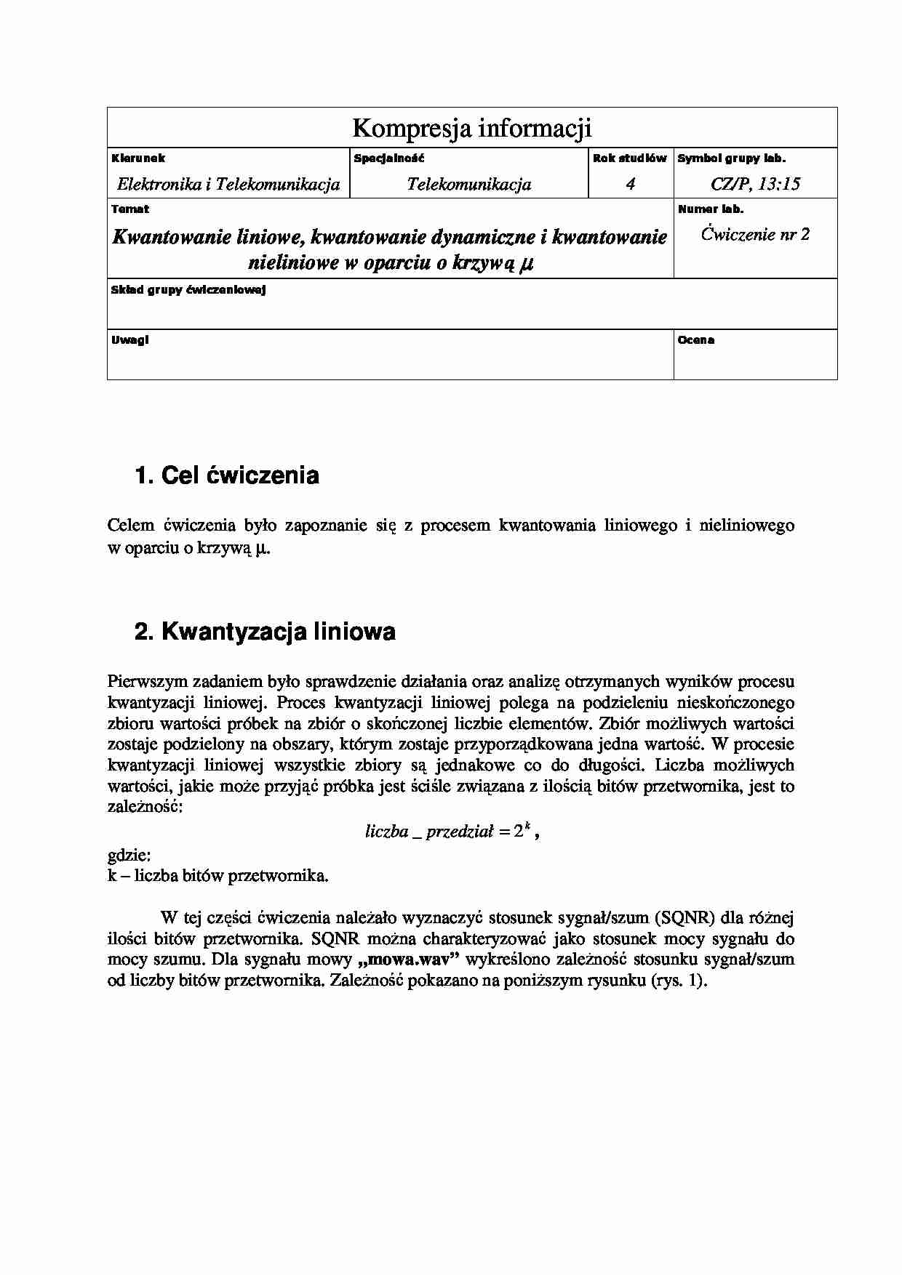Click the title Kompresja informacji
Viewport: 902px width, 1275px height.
point(471,128)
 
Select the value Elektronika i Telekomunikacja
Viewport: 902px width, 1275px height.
point(228,184)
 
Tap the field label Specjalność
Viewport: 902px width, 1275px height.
point(389,158)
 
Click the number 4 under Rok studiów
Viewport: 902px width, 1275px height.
point(630,184)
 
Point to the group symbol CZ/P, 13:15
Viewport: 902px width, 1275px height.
point(755,184)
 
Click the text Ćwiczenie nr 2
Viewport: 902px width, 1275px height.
point(755,234)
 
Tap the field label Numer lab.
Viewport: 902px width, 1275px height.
point(710,209)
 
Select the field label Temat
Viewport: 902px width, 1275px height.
point(130,209)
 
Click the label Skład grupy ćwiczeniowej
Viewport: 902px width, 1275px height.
point(188,290)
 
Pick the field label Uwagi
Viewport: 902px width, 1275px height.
point(130,339)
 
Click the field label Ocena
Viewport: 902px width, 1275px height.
point(696,339)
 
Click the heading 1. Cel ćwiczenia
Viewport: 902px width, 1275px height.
point(227,475)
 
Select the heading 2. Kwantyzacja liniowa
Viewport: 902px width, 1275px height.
point(265,632)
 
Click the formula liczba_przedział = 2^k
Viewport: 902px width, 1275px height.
point(450,832)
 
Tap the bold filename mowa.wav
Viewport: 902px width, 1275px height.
point(414,960)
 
